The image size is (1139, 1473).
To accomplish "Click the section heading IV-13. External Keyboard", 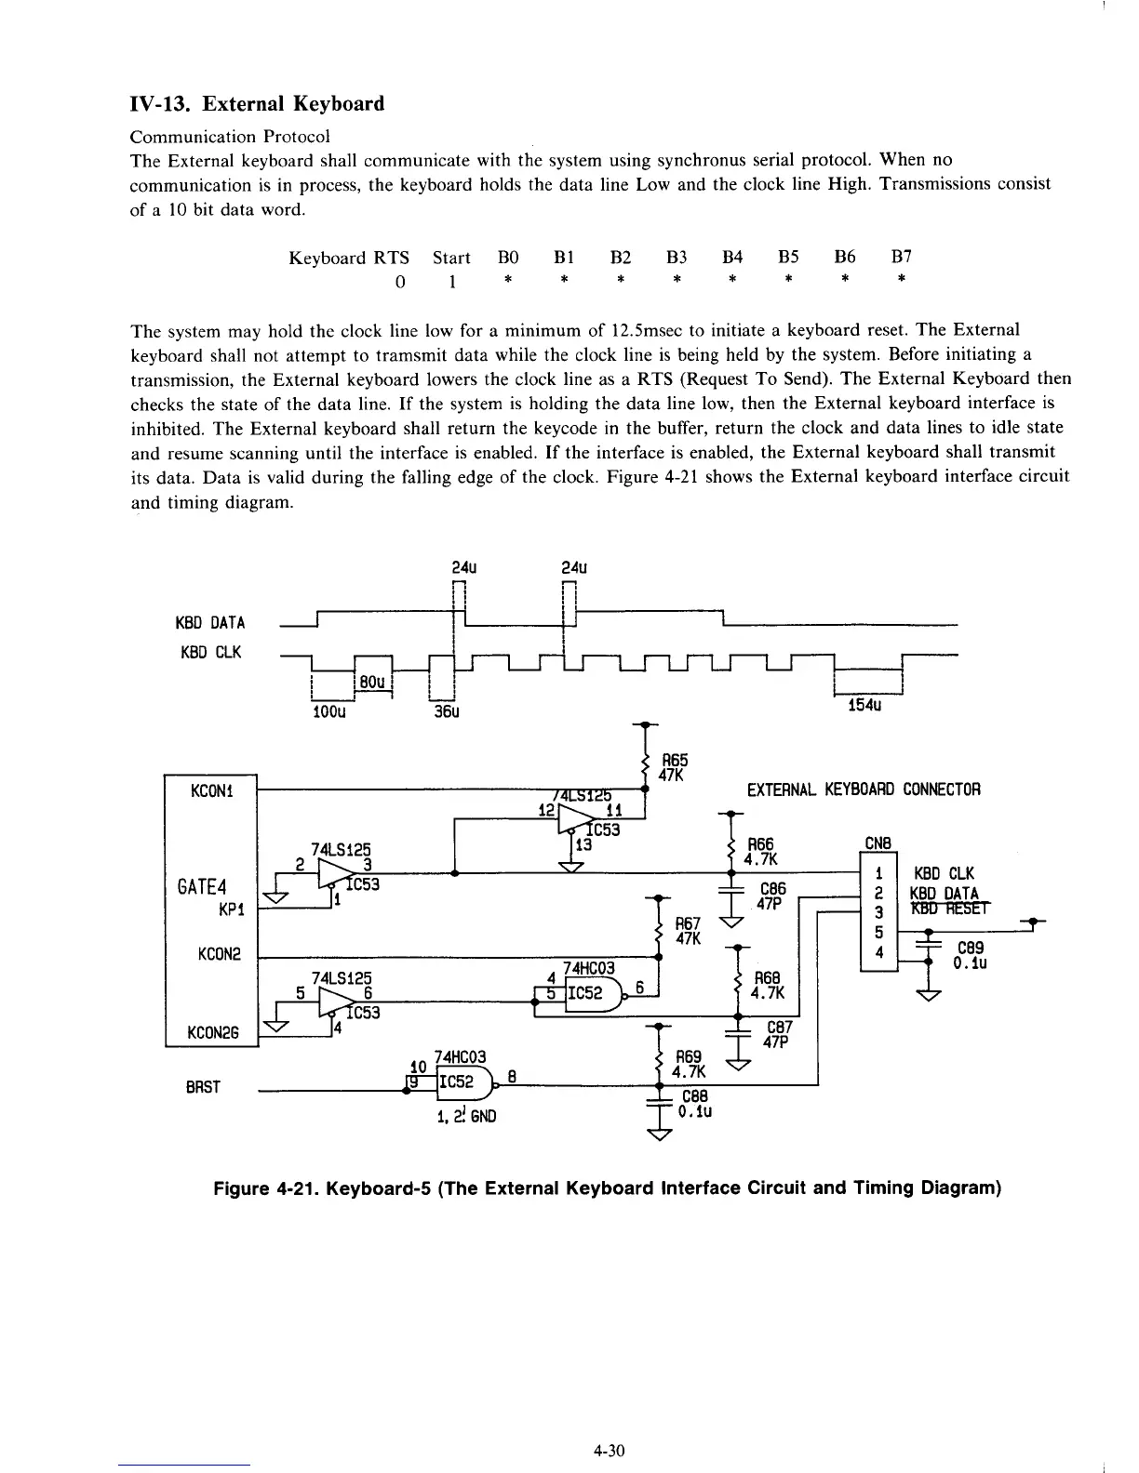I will (x=257, y=103).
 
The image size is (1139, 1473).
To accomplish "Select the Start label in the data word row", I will (x=451, y=257).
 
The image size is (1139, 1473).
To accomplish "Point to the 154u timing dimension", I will (x=865, y=706).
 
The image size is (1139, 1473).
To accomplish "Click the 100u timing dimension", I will (x=328, y=713).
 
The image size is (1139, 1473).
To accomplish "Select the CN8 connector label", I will (x=878, y=844).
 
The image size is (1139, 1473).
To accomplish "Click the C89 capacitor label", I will (x=971, y=948).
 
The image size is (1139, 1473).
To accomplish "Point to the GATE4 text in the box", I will (x=204, y=884).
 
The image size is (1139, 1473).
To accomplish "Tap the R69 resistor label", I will (x=688, y=1057).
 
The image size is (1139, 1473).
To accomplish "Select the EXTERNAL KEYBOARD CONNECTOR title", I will (x=864, y=790).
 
